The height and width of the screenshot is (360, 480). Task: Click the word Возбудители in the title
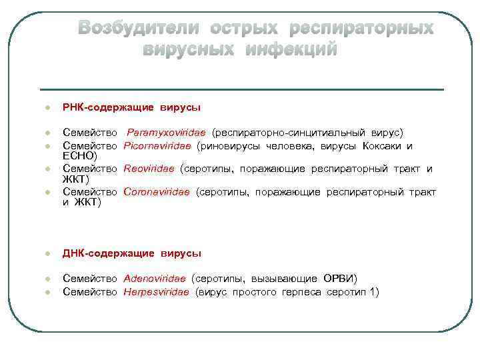click(x=138, y=28)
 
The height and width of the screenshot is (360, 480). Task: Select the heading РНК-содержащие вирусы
click(x=131, y=107)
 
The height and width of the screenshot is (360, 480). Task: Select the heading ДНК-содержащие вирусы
click(x=131, y=253)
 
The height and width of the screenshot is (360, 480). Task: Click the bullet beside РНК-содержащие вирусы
click(x=39, y=107)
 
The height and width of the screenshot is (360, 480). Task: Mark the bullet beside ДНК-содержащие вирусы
click(x=39, y=254)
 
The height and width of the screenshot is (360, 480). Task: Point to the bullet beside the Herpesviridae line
click(x=39, y=292)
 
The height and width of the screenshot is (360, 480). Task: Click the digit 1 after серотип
click(x=375, y=291)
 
